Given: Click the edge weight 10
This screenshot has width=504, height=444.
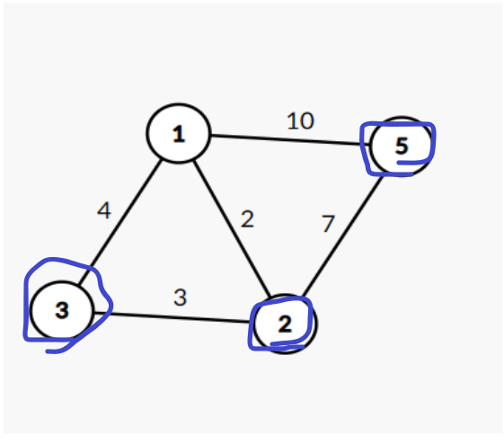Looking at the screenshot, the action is pos(300,121).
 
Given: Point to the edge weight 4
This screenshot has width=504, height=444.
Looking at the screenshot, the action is pos(104,210).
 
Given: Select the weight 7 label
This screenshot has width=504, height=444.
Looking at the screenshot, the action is pos(328,223).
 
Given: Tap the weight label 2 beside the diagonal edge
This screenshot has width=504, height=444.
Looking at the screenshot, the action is pos(247,219).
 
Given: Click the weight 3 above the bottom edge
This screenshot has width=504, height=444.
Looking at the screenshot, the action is pos(180,297).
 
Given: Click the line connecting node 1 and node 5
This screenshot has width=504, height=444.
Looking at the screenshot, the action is pos(290,140).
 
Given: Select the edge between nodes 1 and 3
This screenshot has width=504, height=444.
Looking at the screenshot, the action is pos(119,222).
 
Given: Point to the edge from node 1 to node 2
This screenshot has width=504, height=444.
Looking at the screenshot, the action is pos(232,227).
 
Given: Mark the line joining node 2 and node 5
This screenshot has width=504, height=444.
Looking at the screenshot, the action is pos(342,235).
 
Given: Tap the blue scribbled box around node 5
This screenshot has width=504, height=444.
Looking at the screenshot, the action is pos(399,123).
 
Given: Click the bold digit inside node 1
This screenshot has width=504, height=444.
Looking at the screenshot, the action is pos(179,134).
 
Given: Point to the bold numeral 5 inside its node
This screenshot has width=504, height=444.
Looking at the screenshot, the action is pos(402,147).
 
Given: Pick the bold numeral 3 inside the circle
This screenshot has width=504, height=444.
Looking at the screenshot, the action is pos(62,311).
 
